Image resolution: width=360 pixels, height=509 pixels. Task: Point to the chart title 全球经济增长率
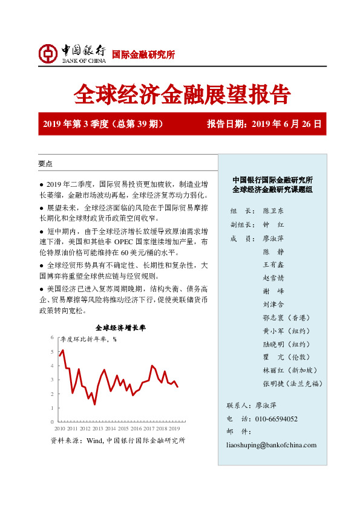click(120, 328)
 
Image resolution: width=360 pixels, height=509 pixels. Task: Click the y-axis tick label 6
click(52, 337)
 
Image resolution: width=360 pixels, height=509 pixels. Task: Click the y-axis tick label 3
click(52, 380)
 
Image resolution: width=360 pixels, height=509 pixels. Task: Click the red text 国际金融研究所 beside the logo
click(144, 55)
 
